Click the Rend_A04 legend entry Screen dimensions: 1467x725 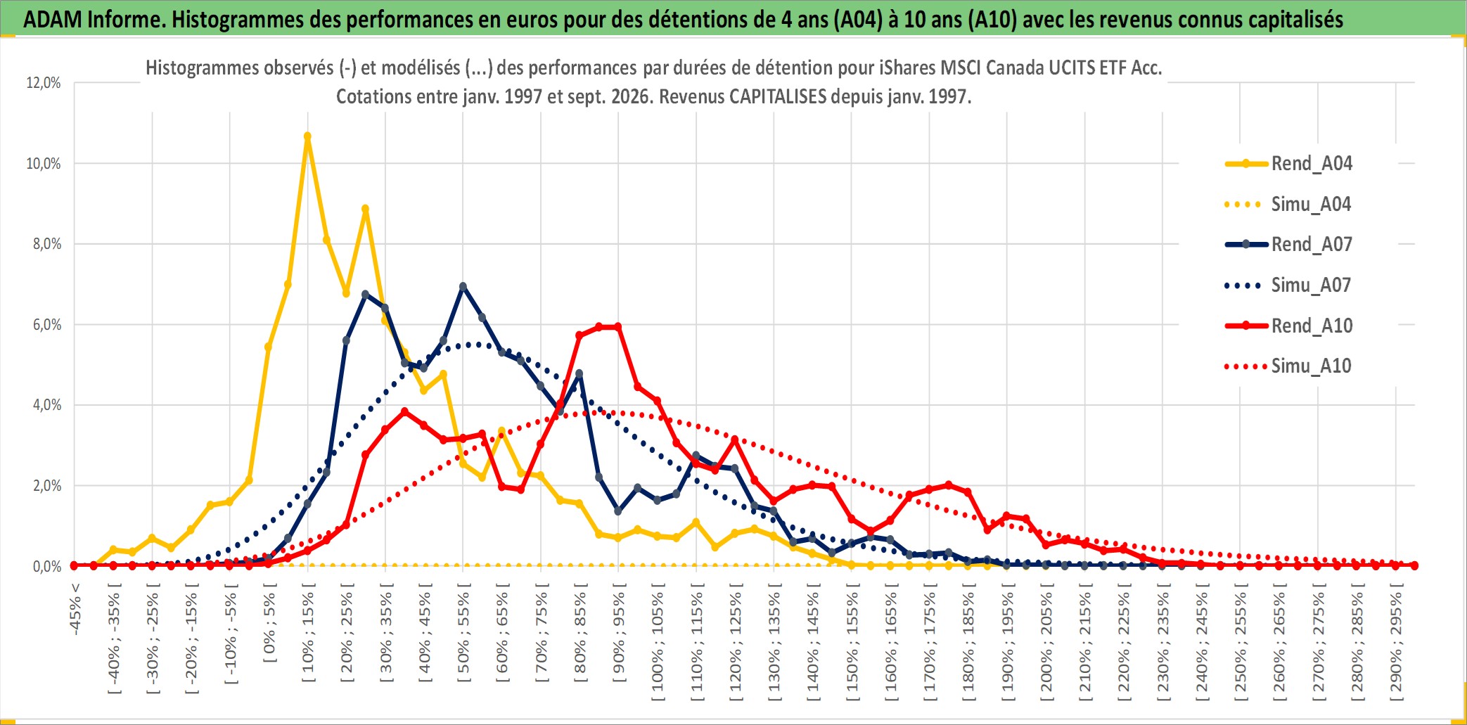1288,164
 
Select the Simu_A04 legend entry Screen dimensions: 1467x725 1288,205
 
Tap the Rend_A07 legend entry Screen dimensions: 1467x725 1288,245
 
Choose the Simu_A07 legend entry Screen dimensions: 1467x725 1288,285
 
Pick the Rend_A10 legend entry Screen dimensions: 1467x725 1288,326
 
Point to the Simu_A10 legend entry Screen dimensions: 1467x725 1288,366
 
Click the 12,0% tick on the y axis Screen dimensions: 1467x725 44,83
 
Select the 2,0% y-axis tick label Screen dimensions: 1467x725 47,486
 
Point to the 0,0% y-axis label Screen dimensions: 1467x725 47,567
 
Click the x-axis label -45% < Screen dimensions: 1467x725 75,609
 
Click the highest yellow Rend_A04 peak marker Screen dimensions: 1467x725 307,136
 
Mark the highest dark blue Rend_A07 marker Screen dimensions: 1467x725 463,287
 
